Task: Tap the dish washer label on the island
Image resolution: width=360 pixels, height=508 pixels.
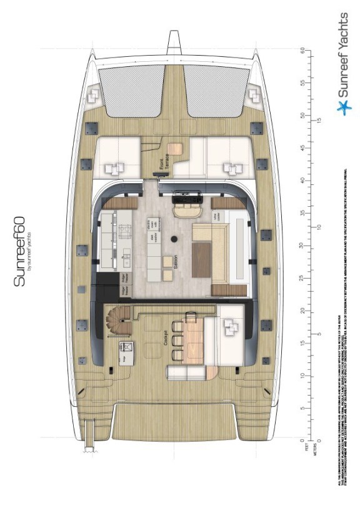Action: click(151, 237)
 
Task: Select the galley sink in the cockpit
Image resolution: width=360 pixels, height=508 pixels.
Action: click(125, 348)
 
